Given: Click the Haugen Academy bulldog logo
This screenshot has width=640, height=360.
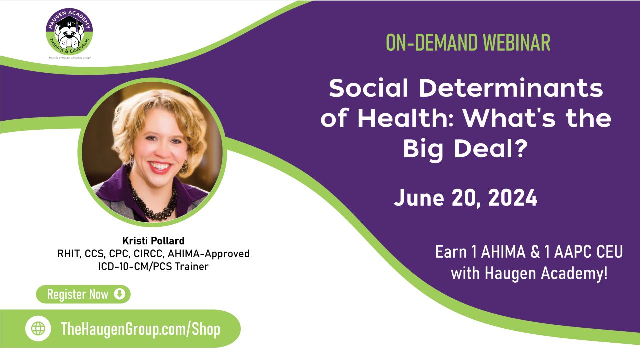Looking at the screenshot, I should pyautogui.click(x=69, y=33).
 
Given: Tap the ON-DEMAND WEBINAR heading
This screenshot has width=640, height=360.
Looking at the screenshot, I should pyautogui.click(x=468, y=43).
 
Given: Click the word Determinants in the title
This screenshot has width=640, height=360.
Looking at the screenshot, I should pyautogui.click(x=511, y=89).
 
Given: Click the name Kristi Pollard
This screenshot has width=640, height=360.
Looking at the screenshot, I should pyautogui.click(x=153, y=240).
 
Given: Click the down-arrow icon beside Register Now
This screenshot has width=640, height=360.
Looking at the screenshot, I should pyautogui.click(x=119, y=294).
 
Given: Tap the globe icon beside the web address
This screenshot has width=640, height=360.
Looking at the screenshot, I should pyautogui.click(x=38, y=329).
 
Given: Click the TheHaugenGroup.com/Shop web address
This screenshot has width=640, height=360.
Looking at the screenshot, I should pyautogui.click(x=140, y=329).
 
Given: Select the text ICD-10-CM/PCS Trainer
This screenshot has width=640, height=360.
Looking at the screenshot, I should pyautogui.click(x=153, y=266).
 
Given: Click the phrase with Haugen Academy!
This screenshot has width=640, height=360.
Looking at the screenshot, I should pyautogui.click(x=529, y=273).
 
